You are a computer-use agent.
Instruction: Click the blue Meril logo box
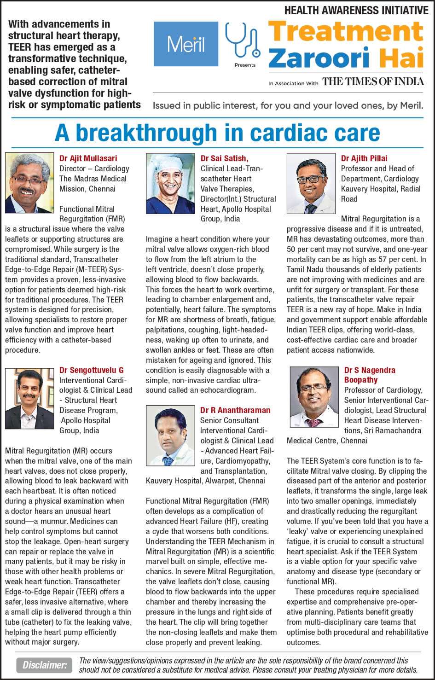(186, 44)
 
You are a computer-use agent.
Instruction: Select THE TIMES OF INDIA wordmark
(373, 82)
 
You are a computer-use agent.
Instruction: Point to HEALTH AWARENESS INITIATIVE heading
(356, 10)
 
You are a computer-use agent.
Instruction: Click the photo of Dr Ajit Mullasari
(30, 183)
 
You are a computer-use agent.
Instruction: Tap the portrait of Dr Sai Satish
(170, 183)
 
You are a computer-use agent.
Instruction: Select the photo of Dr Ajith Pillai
(311, 183)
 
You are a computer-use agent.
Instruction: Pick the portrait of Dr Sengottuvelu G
(30, 399)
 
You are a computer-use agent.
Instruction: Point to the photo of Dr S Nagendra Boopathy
(314, 396)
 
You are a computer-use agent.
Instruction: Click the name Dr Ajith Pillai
(364, 158)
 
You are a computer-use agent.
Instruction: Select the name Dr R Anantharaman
(235, 410)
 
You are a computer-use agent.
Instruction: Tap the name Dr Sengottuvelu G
(92, 370)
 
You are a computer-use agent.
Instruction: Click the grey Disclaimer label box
(45, 665)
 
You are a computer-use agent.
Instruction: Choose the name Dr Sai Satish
(224, 158)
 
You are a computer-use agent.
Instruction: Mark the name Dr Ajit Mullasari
(88, 158)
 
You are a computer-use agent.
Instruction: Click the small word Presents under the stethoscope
(245, 65)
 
